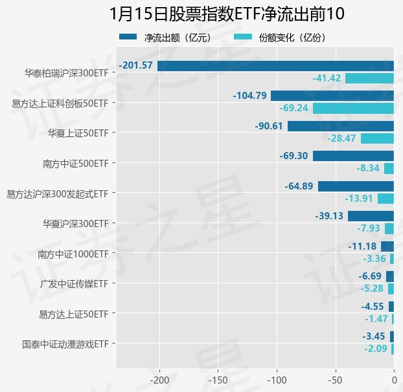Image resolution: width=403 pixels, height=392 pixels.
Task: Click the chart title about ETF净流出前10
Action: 227,14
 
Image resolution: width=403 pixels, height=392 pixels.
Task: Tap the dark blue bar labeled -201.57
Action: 275,65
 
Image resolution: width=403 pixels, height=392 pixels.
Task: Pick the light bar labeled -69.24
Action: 353,108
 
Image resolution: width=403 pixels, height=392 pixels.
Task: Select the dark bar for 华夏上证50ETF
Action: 341,125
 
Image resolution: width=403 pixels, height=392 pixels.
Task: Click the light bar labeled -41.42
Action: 369,78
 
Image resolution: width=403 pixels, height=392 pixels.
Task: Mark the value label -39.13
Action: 330,216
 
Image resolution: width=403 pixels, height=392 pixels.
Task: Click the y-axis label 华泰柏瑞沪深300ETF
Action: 66,72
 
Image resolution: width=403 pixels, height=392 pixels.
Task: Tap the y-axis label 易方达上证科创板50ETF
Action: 60,102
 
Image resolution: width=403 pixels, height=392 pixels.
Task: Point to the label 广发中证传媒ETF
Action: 73,283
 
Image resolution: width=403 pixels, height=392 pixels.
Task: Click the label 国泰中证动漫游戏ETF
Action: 65,344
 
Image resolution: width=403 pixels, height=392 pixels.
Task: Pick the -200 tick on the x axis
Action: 159,379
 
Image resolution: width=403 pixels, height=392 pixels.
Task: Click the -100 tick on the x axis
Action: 277,379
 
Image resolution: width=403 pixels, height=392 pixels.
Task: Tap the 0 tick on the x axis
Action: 394,379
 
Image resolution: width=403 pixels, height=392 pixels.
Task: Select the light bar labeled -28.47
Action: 377,138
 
